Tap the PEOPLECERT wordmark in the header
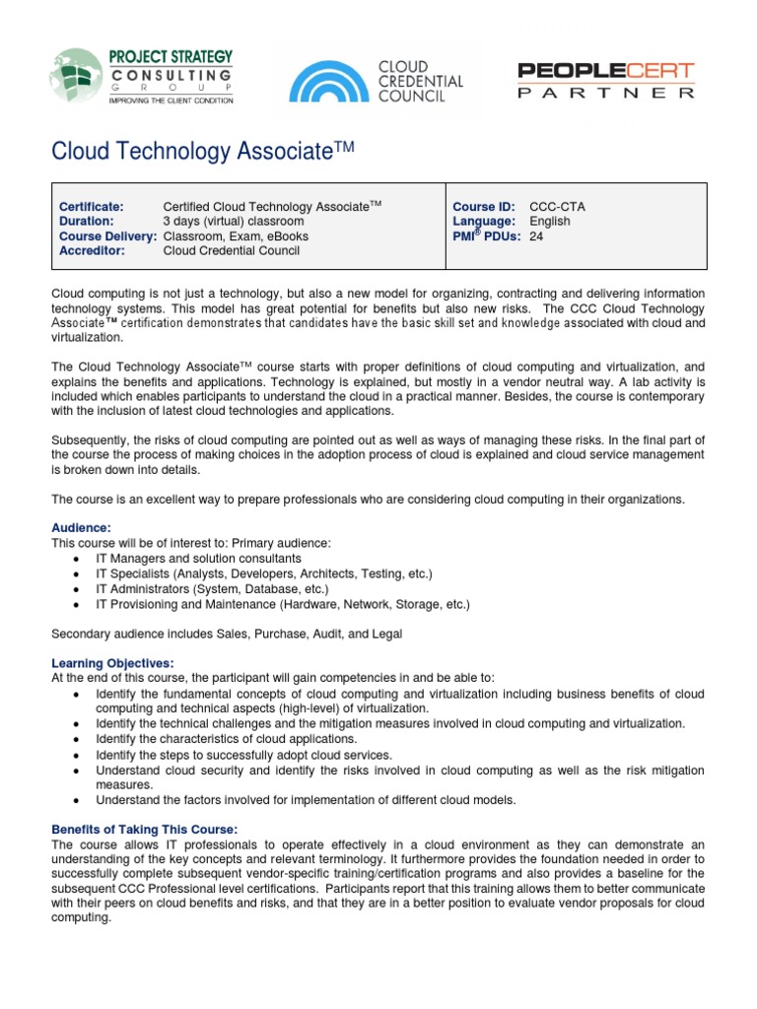606,71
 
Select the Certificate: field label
92,206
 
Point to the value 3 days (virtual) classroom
234,221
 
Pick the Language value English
550,221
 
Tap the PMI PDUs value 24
536,235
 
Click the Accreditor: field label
92,250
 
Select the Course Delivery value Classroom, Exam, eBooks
236,235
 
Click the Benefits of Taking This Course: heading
144,829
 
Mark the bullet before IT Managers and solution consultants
77,559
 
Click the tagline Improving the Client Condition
171,100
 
